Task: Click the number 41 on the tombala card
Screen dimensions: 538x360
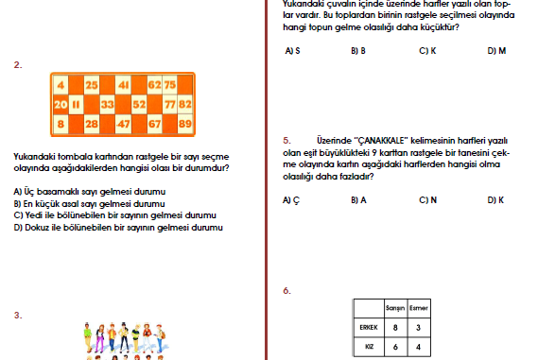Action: click(123, 85)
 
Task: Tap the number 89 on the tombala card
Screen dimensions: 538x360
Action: click(185, 124)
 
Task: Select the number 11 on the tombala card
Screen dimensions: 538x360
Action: click(76, 104)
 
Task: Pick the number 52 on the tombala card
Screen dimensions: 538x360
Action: click(139, 104)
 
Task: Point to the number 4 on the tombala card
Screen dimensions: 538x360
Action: click(61, 85)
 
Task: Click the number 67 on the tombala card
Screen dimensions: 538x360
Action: click(154, 124)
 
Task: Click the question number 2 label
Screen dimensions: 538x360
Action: click(18, 65)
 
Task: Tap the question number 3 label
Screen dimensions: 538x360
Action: click(18, 315)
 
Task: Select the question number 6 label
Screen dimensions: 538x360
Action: click(286, 291)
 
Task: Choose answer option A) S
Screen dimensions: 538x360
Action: click(292, 51)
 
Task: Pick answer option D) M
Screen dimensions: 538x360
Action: click(496, 51)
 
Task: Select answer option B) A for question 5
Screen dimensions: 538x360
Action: click(358, 200)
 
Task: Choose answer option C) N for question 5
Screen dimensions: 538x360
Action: click(428, 200)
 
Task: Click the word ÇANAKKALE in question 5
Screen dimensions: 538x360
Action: click(381, 141)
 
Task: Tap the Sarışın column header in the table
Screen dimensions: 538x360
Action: click(395, 308)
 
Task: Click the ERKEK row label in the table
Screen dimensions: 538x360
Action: click(369, 328)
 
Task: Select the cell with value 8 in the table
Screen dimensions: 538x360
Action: click(395, 328)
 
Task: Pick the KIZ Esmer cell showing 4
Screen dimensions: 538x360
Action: click(418, 347)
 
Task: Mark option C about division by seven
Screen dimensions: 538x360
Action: click(115, 215)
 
